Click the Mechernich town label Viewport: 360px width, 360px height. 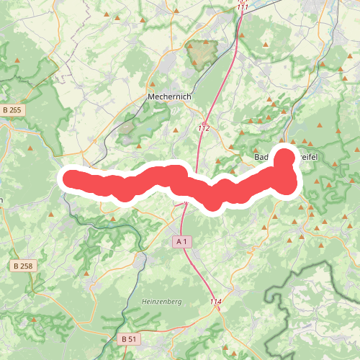click(166, 96)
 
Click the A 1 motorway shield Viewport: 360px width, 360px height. click(183, 242)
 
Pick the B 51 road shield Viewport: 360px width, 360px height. click(128, 338)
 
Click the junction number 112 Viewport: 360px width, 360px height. click(204, 128)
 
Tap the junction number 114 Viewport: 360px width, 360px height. click(216, 301)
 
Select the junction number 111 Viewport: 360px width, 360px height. click(243, 6)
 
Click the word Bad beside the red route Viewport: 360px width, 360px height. click(262, 157)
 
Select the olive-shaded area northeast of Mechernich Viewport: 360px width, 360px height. click(202, 53)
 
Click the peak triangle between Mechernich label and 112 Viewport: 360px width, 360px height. click(176, 130)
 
